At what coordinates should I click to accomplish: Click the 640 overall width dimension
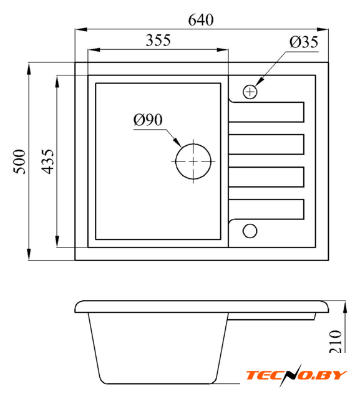click(x=201, y=20)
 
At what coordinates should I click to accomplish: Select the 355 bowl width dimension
click(x=158, y=40)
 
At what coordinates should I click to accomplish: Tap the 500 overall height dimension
click(x=19, y=161)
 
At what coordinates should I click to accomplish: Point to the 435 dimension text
click(x=47, y=161)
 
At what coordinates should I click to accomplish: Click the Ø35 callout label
click(x=304, y=42)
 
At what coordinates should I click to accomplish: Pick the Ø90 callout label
click(x=148, y=120)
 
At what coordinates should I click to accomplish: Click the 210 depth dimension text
click(x=336, y=342)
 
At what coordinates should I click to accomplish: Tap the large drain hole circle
click(x=193, y=144)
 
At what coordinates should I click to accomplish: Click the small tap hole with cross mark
click(x=250, y=92)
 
